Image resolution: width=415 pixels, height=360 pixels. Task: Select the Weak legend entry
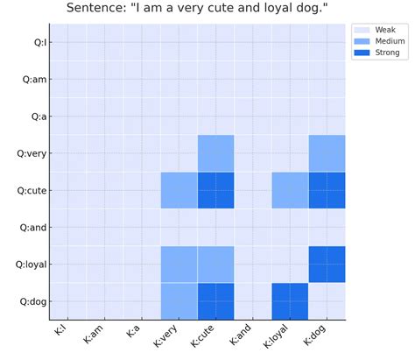coord(385,30)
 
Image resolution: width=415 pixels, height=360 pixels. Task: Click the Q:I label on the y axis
coord(39,42)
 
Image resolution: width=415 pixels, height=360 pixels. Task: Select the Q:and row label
coord(34,227)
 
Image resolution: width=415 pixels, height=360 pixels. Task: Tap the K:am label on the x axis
coord(97,335)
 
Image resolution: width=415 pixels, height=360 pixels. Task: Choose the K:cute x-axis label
coord(207,336)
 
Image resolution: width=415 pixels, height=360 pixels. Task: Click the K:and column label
coord(245,335)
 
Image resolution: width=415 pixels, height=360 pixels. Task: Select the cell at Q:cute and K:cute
coord(216,190)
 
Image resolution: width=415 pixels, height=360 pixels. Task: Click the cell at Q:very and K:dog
coord(327,153)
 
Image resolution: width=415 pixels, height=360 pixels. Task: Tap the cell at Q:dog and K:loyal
coord(290,301)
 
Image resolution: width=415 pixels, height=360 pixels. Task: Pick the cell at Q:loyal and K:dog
coord(327,264)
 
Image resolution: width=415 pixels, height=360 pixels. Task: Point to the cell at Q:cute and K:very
coord(179,190)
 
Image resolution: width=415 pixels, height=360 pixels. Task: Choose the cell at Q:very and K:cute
coord(216,153)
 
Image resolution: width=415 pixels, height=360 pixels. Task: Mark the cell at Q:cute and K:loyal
coord(290,190)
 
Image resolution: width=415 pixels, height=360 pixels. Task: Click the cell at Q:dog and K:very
coord(179,301)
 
